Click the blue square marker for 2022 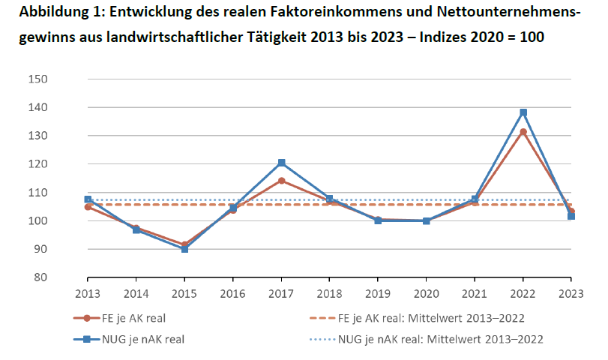pyautogui.click(x=523, y=112)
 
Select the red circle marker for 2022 pyautogui.click(x=523, y=132)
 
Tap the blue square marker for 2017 pyautogui.click(x=281, y=163)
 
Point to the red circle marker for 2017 pyautogui.click(x=281, y=181)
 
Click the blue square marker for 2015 pyautogui.click(x=184, y=248)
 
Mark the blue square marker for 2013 pyautogui.click(x=88, y=199)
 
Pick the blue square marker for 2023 pyautogui.click(x=571, y=216)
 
